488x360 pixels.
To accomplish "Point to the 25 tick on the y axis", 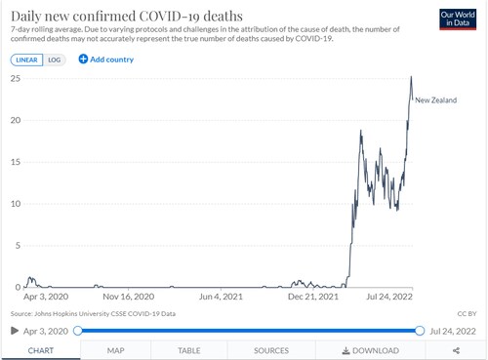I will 14,78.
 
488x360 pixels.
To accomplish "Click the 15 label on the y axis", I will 14,162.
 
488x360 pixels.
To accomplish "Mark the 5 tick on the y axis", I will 16,246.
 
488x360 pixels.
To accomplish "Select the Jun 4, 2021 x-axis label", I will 220,297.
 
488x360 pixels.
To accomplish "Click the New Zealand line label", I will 437,100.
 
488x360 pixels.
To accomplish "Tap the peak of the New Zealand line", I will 411,77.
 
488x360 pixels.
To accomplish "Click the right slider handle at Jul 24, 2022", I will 420,331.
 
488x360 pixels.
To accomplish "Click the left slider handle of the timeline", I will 78,331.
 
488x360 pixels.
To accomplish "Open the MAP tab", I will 115,350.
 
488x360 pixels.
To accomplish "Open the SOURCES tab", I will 270,350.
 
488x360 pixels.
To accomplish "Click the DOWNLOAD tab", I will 370,350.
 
